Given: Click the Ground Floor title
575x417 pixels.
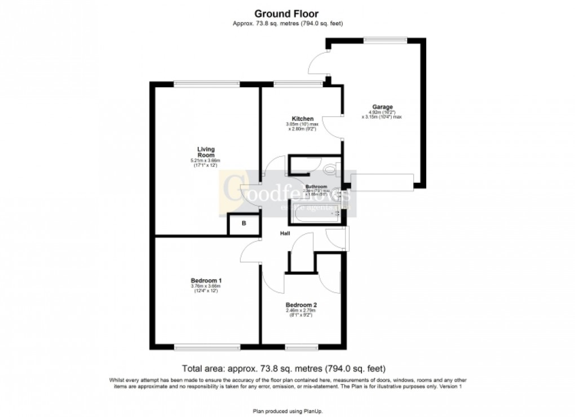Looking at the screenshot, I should tap(287, 13).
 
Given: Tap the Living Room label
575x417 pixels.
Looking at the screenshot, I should tap(206, 152).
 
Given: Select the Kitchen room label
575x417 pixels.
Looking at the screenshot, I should tap(303, 119).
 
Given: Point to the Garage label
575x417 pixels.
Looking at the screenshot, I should tap(382, 107).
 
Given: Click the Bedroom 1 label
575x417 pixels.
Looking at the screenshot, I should tap(205, 280).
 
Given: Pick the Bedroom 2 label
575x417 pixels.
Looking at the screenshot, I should tap(301, 304).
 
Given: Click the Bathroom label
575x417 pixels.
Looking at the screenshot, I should tap(316, 186).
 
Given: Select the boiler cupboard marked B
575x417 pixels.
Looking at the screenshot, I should tap(244, 224).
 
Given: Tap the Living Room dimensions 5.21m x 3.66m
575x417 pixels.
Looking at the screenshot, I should tap(206, 162).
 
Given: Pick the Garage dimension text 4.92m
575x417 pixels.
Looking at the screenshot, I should tap(370, 113).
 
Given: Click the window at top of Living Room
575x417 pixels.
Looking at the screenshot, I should tap(206, 84).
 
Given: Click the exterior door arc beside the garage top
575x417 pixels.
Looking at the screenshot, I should tap(319, 62).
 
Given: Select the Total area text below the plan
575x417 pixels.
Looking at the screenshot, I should tap(284, 369).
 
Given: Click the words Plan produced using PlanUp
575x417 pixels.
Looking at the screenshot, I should tap(287, 411).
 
